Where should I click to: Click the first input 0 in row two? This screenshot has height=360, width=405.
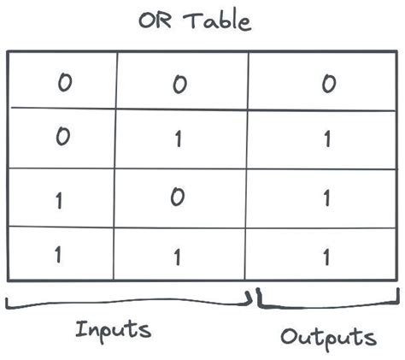click(62, 137)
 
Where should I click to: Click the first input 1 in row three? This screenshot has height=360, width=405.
click(58, 200)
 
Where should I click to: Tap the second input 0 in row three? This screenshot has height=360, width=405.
click(177, 198)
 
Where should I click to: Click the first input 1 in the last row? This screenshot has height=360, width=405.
click(58, 254)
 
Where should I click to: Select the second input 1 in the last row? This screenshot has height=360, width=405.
click(177, 256)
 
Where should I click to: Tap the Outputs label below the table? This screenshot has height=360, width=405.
click(328, 336)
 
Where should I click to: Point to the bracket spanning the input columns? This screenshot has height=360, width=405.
click(128, 304)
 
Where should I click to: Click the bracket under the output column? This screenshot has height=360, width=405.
click(329, 304)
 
